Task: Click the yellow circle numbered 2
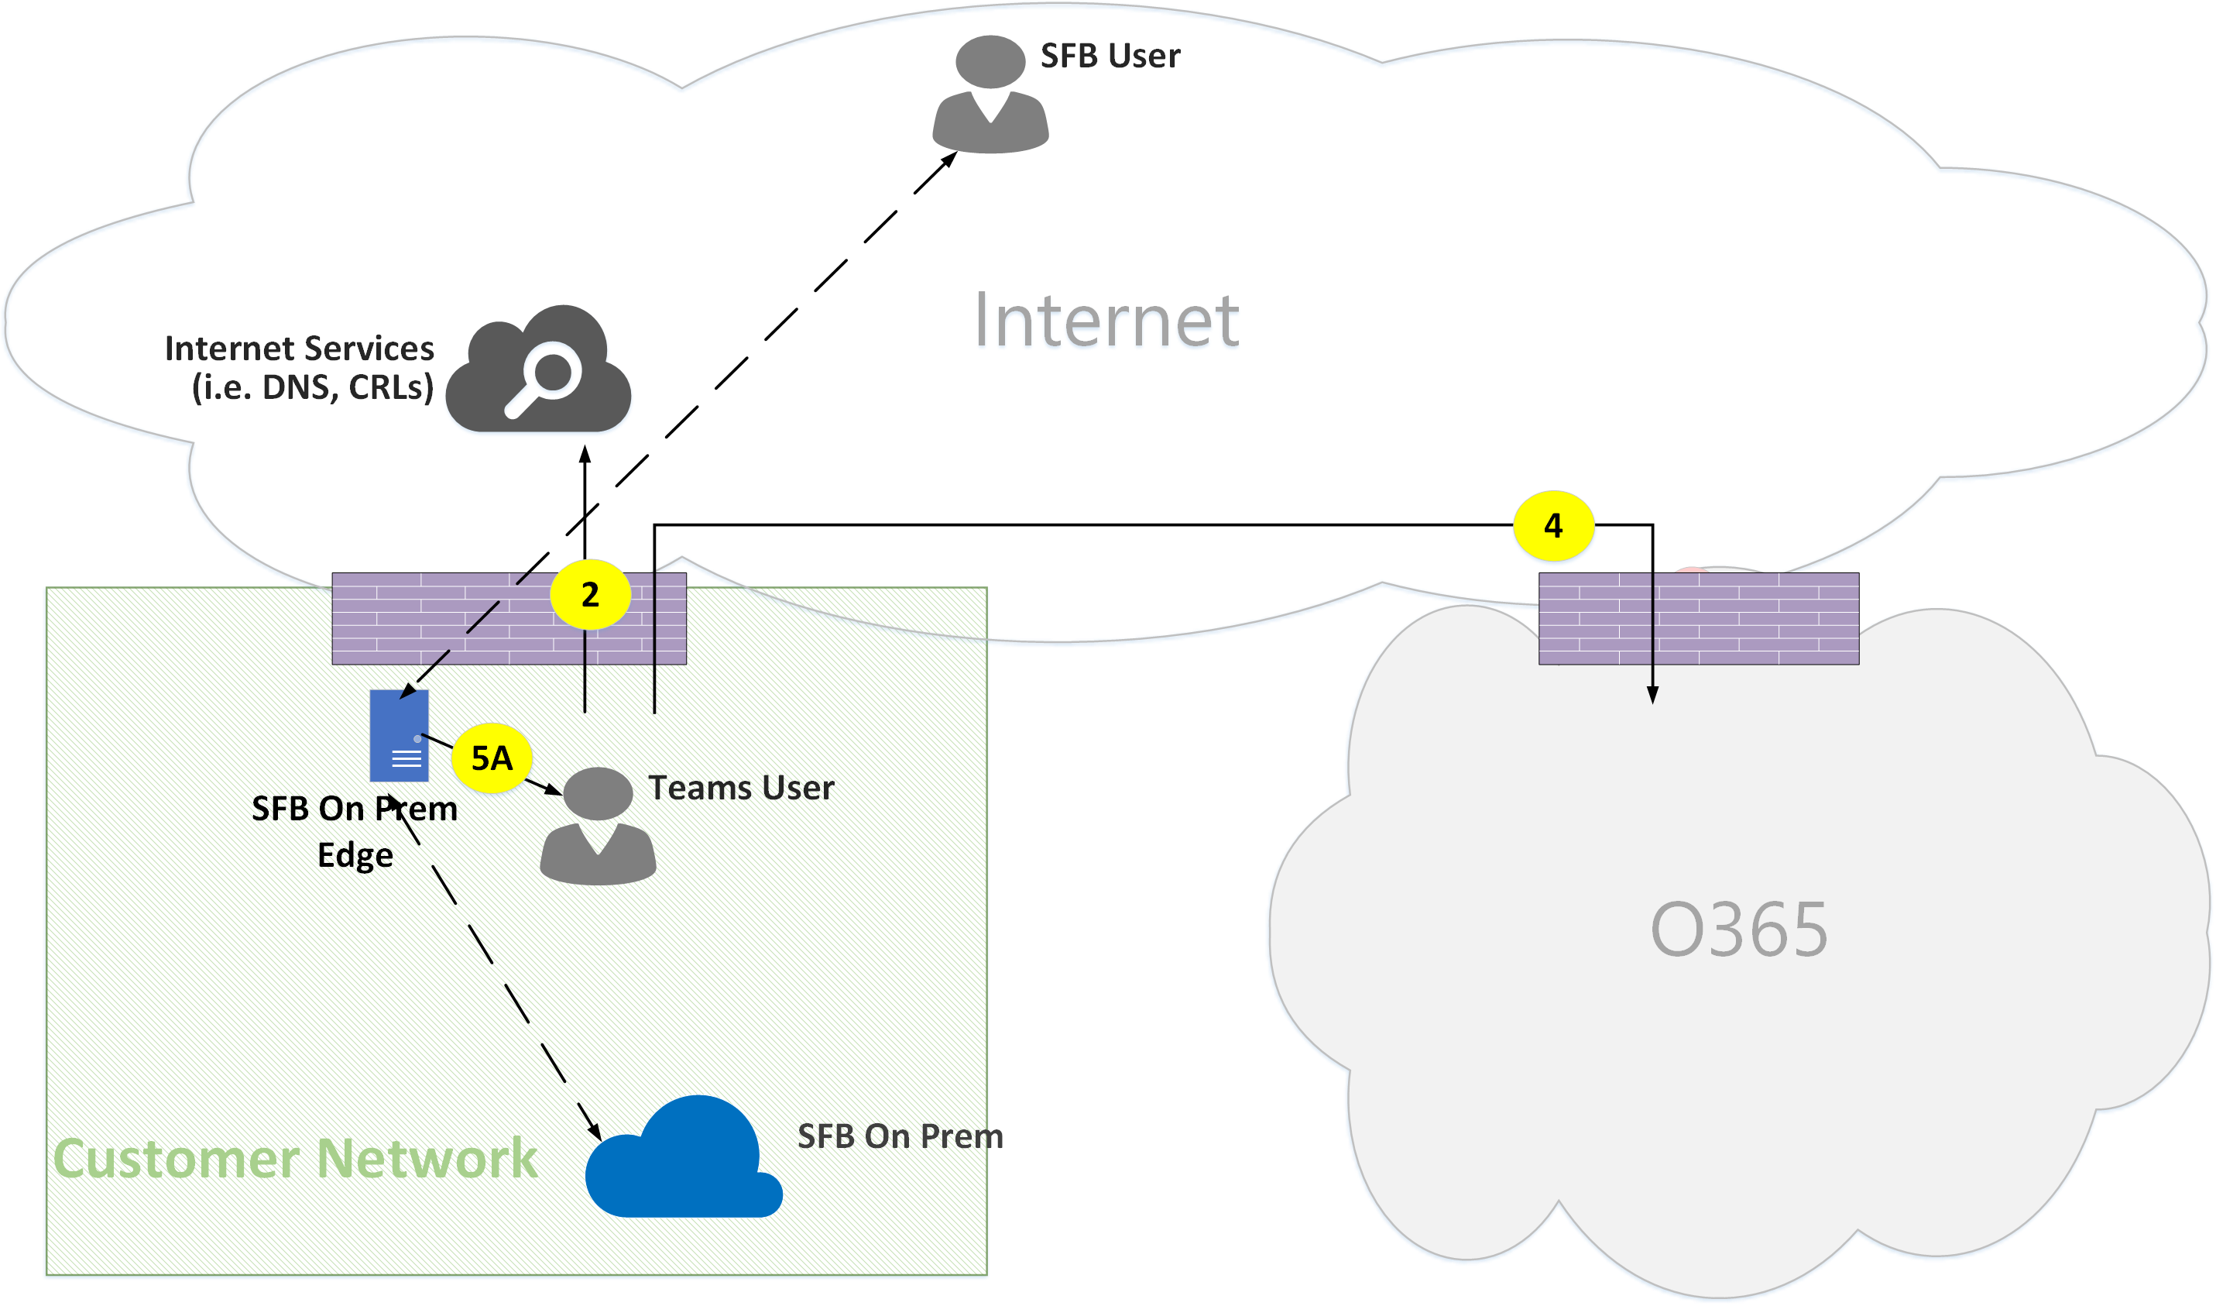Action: click(x=590, y=595)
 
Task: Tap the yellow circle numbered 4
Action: click(x=1552, y=525)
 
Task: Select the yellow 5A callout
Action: click(x=492, y=758)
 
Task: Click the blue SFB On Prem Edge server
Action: click(x=400, y=736)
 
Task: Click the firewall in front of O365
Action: click(x=1698, y=619)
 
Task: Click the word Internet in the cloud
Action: click(x=1106, y=321)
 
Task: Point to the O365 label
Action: click(x=1738, y=930)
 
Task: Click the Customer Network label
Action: click(x=296, y=1158)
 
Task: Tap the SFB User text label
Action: click(x=1110, y=57)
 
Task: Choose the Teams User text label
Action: click(x=741, y=788)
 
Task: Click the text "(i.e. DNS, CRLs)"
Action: click(x=313, y=387)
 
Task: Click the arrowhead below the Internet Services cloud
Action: click(x=585, y=455)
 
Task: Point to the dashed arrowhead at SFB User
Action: click(x=949, y=160)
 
